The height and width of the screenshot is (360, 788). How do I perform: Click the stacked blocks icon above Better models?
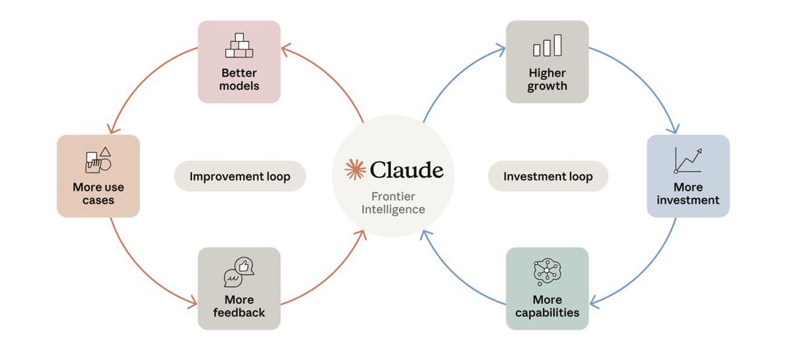(x=239, y=45)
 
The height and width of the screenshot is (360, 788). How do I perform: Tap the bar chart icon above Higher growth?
(x=547, y=45)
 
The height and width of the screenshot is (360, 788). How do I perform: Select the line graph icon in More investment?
(x=688, y=160)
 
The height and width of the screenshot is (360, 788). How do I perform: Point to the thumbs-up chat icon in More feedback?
(x=239, y=272)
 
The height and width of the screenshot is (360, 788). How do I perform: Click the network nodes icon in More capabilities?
(x=547, y=272)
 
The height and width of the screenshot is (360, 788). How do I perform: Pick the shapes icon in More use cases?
(x=98, y=160)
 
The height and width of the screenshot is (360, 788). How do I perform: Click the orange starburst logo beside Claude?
(x=356, y=169)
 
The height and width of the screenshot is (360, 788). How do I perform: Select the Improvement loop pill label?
(x=240, y=176)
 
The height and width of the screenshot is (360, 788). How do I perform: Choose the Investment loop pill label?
(x=547, y=176)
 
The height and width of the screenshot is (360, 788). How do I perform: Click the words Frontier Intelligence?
(x=393, y=203)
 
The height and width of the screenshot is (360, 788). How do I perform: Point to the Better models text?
(x=239, y=79)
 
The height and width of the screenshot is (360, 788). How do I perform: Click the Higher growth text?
(x=547, y=79)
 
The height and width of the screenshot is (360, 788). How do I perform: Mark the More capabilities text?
(x=547, y=306)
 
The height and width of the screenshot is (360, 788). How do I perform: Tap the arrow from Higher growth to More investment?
(x=647, y=79)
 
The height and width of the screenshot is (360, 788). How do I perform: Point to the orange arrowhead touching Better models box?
(x=287, y=49)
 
